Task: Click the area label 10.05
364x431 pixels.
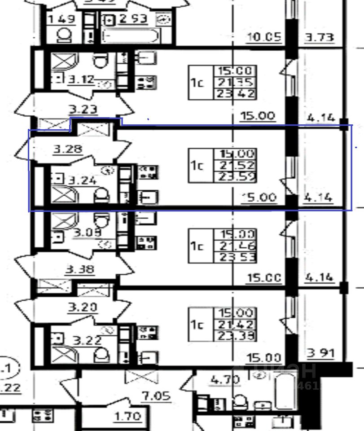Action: click(x=263, y=37)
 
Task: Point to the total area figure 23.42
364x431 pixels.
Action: click(x=236, y=94)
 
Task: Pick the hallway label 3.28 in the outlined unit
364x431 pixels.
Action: click(x=67, y=149)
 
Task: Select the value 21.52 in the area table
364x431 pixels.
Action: click(x=236, y=165)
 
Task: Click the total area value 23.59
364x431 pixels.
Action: click(x=236, y=177)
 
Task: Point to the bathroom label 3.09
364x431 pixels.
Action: click(x=88, y=233)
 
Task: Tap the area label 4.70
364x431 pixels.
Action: click(x=225, y=380)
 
